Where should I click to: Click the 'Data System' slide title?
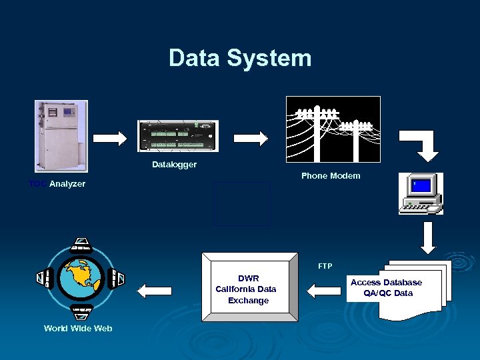240,58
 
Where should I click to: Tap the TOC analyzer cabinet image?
61,136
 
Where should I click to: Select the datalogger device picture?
177,136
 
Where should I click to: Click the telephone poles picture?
333,129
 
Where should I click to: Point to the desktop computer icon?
421,193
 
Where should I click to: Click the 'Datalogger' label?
174,165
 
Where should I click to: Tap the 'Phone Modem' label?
331,176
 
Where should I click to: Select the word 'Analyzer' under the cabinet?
67,184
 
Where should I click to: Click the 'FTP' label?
325,266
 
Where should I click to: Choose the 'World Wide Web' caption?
78,328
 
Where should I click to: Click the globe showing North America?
81,277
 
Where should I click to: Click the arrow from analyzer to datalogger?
109,138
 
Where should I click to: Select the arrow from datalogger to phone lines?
251,138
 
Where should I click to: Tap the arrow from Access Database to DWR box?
323,290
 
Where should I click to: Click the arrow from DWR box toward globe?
155,290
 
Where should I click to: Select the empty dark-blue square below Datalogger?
243,204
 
